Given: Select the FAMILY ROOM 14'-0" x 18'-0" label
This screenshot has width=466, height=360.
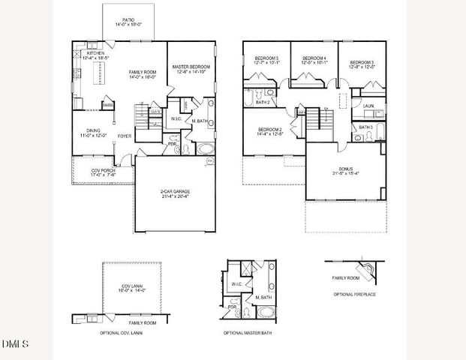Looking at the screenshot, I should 141,73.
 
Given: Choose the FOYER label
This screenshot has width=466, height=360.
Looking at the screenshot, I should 124,136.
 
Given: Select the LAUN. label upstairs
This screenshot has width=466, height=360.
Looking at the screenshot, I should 368,106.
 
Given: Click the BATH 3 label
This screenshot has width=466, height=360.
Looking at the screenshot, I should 365,127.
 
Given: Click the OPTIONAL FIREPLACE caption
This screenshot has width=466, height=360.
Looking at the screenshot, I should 356,295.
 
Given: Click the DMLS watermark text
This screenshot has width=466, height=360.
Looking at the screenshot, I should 15,344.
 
